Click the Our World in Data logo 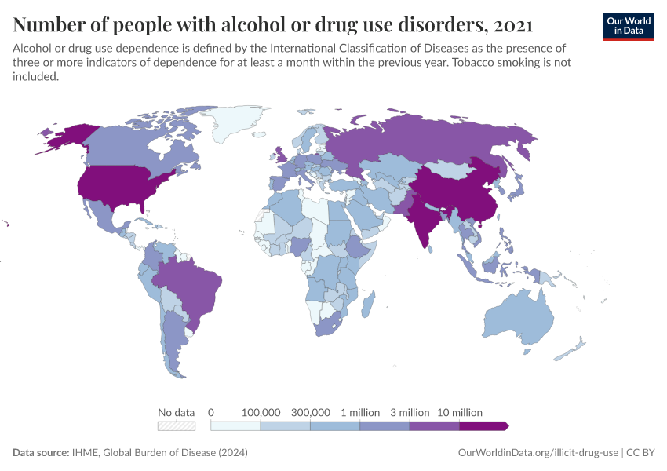628,26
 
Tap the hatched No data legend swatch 177,426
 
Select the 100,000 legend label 261,412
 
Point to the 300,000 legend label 310,412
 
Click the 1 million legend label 360,412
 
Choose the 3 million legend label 410,412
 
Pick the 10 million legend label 459,412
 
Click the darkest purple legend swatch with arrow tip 483,426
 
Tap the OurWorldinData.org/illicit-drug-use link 538,453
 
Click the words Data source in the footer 40,453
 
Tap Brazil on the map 192,283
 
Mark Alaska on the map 67,137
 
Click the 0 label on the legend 211,412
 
